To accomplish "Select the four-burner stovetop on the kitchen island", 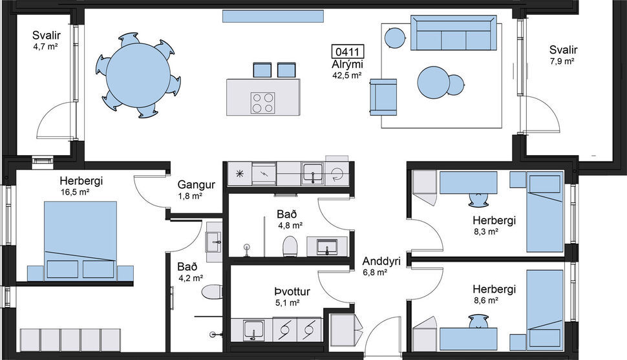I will (263, 102).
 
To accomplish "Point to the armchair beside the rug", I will (383, 97).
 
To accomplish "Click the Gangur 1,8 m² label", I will (190, 189).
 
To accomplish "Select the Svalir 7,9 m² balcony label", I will (563, 55).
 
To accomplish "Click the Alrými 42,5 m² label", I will (347, 70).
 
